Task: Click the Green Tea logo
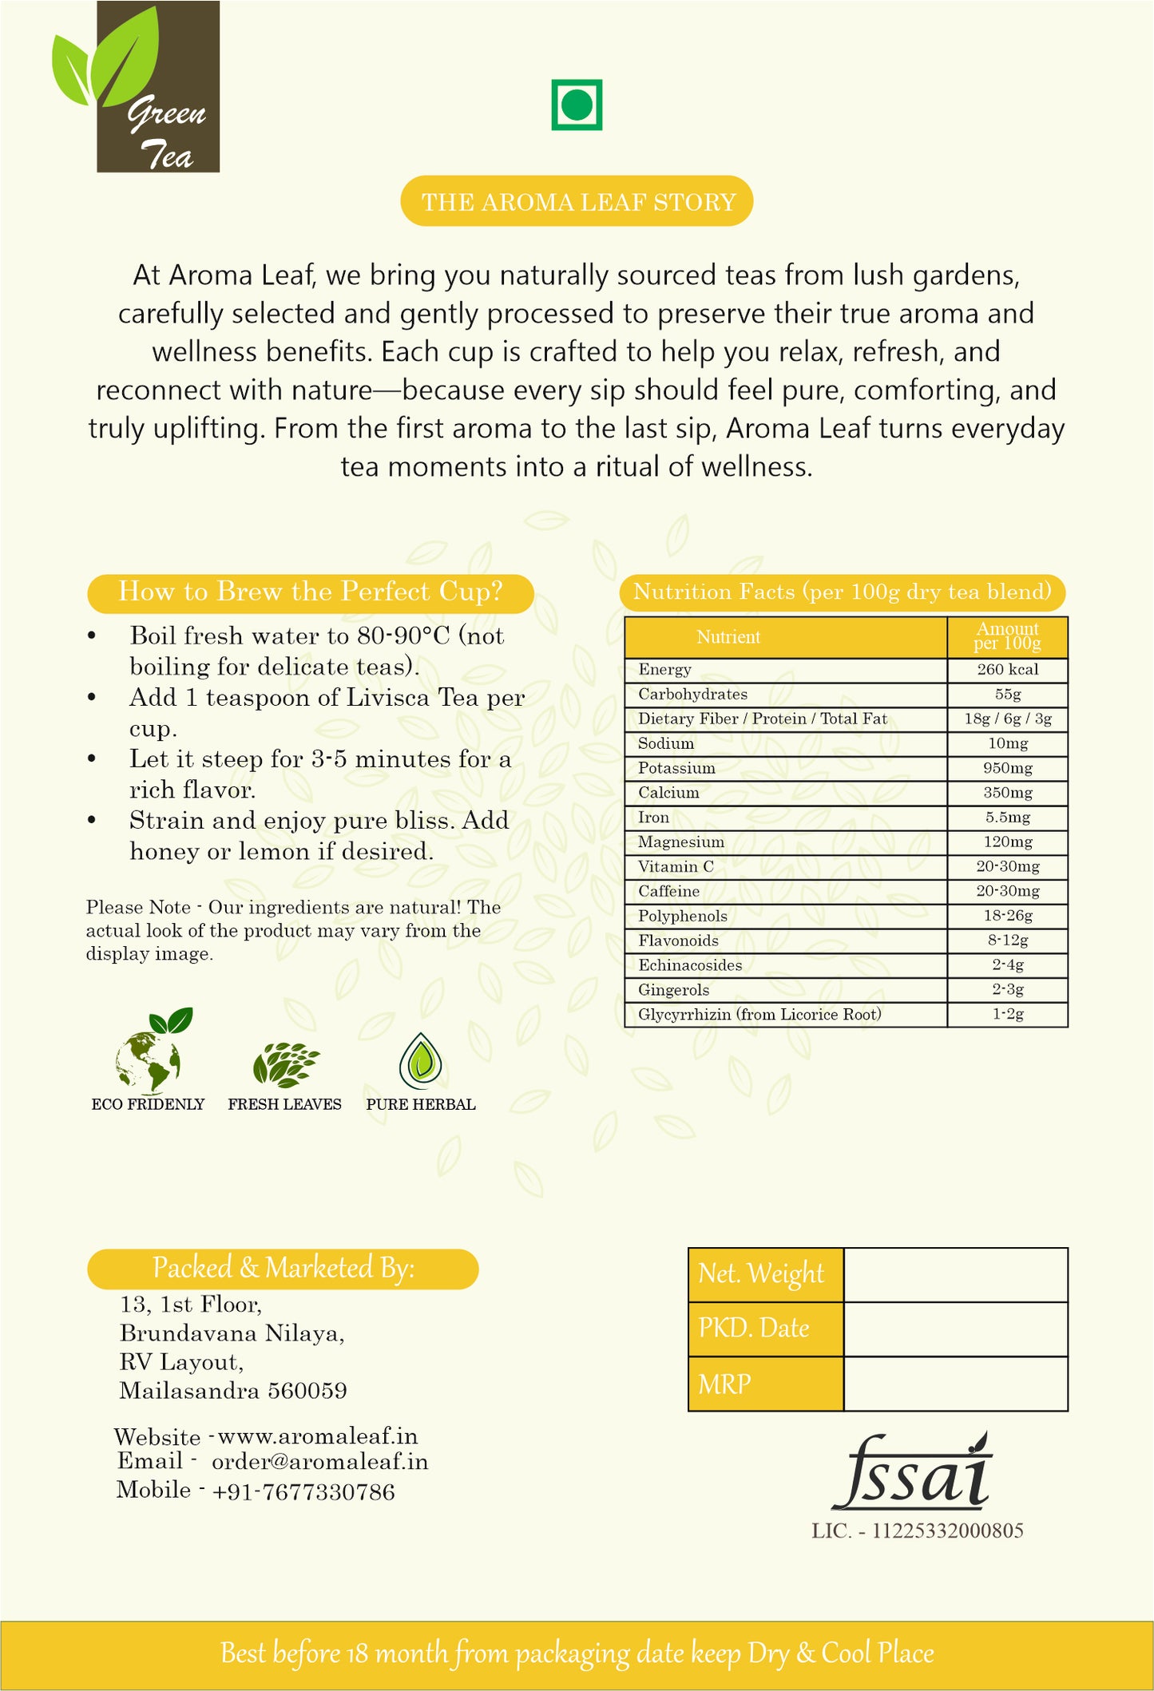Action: tap(136, 88)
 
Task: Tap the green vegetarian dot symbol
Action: tap(577, 105)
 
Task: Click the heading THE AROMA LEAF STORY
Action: tap(577, 201)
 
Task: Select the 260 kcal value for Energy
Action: tap(1007, 670)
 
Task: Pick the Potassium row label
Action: tap(676, 768)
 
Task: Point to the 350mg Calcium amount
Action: tap(1007, 793)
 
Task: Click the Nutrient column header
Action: tap(728, 637)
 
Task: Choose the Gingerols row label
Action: tap(673, 990)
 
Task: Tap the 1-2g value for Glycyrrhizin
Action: tap(1007, 1015)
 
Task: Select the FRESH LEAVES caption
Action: tap(284, 1104)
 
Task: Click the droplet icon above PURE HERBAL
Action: tap(420, 1061)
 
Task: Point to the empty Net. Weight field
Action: tap(955, 1275)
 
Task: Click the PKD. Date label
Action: tap(754, 1329)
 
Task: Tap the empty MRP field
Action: tap(955, 1384)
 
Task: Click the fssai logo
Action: tap(911, 1473)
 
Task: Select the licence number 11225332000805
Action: tap(947, 1531)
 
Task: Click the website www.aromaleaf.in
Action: tap(318, 1436)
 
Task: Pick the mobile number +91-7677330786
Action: tap(303, 1491)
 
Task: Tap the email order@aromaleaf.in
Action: tap(319, 1462)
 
